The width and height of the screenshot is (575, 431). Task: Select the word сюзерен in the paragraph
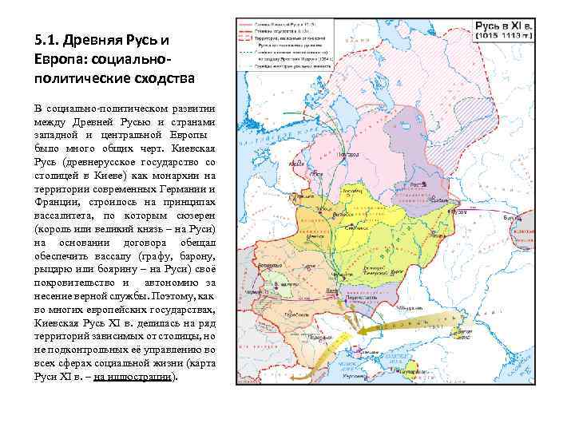(x=193, y=215)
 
